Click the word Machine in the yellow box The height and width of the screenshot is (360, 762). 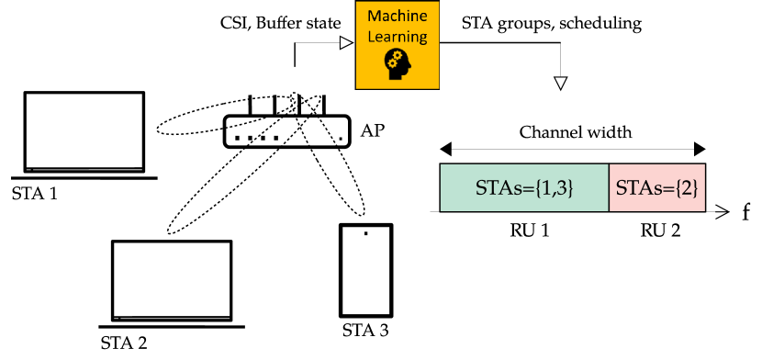398,18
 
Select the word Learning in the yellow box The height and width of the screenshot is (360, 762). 398,38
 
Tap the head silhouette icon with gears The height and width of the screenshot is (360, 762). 398,63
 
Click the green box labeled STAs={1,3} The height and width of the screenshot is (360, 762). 524,188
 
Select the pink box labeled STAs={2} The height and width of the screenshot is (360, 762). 657,188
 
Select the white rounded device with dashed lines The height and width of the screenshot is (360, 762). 287,131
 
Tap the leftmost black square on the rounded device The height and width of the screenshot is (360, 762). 237,139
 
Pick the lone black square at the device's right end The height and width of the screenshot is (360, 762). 341,139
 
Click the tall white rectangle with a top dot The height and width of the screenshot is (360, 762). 365,271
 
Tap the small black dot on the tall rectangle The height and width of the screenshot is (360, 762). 365,233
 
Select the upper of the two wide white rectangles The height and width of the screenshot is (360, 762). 84,130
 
